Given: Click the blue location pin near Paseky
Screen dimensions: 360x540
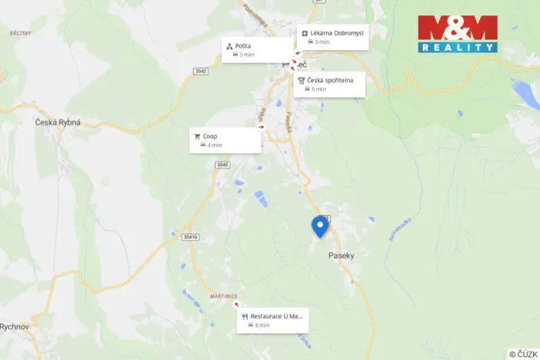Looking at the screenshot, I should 319,225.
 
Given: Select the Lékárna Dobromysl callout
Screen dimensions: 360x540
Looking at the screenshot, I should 332,37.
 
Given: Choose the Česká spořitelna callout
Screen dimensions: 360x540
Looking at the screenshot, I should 328,84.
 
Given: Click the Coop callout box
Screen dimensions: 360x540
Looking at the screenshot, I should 225,140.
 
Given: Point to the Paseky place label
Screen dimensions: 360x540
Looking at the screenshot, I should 341,255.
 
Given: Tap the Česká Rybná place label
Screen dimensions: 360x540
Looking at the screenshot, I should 58,122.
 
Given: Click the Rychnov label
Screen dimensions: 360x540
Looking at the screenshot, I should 14,326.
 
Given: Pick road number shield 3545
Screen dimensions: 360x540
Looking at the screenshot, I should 222,165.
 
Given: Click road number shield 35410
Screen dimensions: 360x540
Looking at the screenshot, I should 190,237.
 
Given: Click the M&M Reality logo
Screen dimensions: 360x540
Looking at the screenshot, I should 457,34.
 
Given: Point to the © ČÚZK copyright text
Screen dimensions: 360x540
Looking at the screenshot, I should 523,354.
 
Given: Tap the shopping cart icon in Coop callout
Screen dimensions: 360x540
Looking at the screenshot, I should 198,136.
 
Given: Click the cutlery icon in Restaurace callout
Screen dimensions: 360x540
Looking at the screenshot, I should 245,316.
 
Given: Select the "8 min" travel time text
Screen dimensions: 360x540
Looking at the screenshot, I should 262,325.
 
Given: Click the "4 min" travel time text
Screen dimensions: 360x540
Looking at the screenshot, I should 215,145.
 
